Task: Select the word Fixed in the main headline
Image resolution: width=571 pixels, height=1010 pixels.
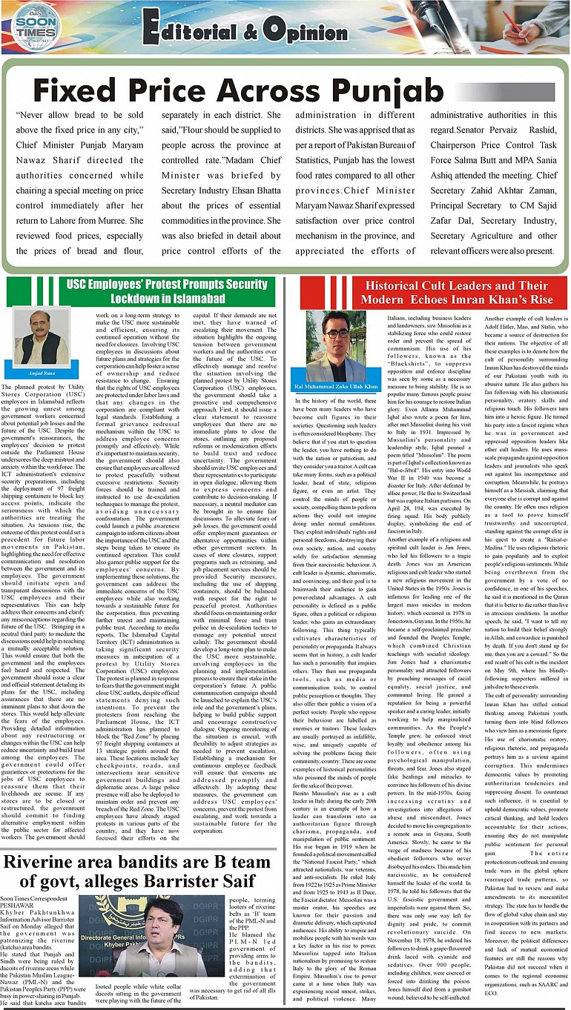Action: point(75,90)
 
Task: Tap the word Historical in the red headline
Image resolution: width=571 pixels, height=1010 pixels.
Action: point(404,285)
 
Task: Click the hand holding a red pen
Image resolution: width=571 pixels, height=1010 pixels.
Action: point(519,26)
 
